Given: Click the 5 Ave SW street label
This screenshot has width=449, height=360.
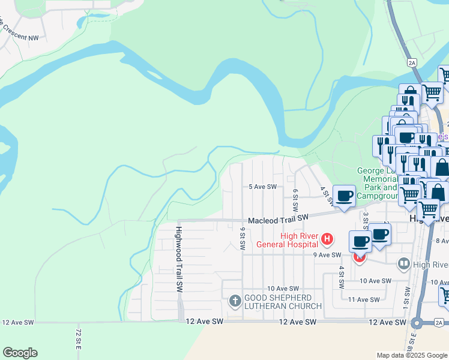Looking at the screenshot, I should tap(263, 187).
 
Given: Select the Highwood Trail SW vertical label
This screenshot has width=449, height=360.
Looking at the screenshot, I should tap(179, 259).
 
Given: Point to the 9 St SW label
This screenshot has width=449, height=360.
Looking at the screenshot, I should tap(243, 239).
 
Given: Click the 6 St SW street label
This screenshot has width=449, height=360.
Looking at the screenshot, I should tap(295, 200).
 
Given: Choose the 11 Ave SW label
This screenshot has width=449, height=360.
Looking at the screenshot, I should tap(364, 299).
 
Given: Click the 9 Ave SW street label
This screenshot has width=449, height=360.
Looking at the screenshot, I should tap(327, 254).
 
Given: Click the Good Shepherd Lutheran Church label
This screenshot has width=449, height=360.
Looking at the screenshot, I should tap(283, 302).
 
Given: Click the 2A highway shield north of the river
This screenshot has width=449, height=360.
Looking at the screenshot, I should tap(411, 62).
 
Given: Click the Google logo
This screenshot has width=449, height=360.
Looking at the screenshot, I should tap(20, 353).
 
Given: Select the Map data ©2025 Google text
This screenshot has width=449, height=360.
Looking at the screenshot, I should tap(411, 355).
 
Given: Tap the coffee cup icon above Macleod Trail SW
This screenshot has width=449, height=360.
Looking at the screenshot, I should tap(345, 196).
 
